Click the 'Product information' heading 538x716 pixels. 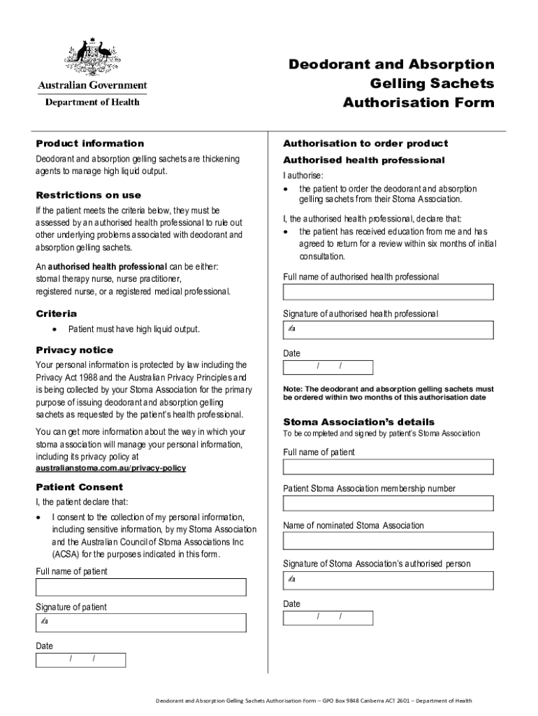tap(90, 143)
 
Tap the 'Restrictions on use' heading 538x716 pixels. tap(89, 195)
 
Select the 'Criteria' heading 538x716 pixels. tap(57, 313)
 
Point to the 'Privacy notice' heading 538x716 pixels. tap(75, 350)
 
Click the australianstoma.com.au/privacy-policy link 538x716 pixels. tap(111, 468)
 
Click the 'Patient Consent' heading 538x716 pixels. tap(80, 487)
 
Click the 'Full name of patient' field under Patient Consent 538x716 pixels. tap(140, 587)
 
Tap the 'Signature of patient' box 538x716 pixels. tap(140, 622)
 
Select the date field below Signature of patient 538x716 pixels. tap(81, 660)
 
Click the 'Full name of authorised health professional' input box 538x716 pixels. tap(388, 292)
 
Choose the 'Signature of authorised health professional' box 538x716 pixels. tap(388, 329)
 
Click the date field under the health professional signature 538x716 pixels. tap(328, 367)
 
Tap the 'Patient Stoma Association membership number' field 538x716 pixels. tap(388, 503)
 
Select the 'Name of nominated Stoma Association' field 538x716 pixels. tap(388, 540)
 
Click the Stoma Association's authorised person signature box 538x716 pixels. tap(388, 580)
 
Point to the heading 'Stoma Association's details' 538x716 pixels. tap(358, 422)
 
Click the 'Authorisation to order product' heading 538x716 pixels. tap(365, 143)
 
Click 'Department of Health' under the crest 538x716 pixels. tap(92, 102)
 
